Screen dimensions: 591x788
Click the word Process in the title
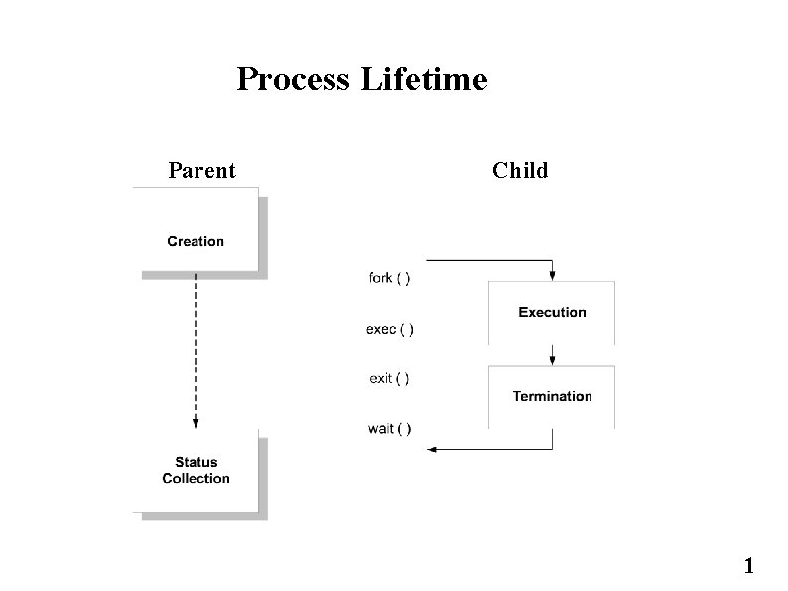pos(292,78)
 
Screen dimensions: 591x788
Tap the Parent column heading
pos(201,171)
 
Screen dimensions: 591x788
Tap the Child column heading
pos(520,171)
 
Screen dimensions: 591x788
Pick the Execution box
pos(552,312)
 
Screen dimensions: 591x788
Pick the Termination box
pos(552,396)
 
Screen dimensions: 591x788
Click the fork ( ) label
pos(390,278)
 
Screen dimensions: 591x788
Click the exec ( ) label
pos(390,329)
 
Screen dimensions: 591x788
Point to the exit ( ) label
pos(389,378)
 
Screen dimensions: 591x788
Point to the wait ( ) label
pos(389,429)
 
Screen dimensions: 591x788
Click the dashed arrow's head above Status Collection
pos(196,422)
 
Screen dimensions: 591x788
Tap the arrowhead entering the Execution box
pos(552,274)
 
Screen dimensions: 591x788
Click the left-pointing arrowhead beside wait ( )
pos(433,449)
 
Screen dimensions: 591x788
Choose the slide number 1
pos(749,567)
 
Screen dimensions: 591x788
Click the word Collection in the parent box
pos(196,479)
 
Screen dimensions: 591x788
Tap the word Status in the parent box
pos(196,462)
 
